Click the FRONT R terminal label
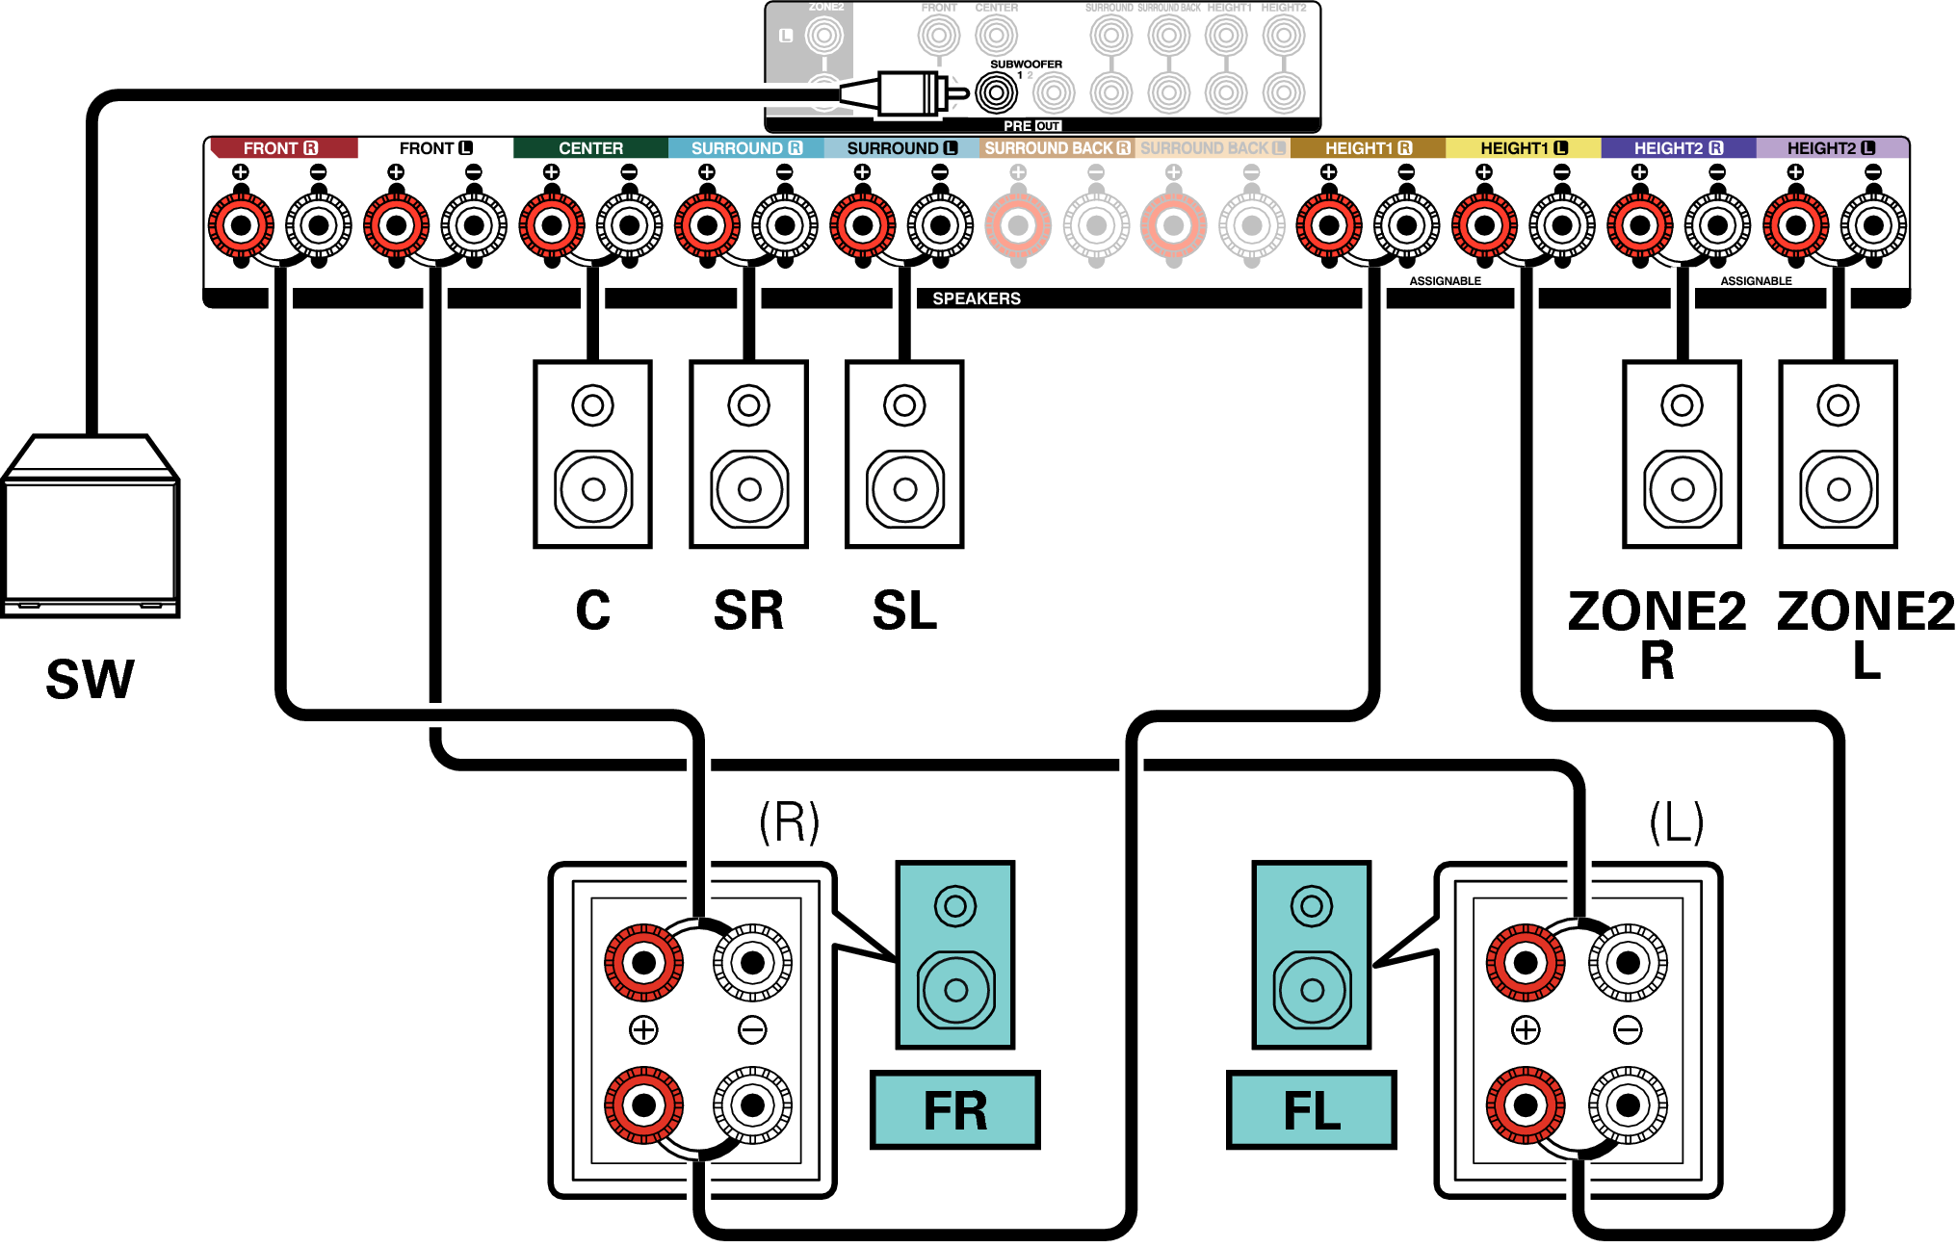click(x=280, y=148)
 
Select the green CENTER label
click(x=590, y=148)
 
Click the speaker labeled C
click(x=592, y=455)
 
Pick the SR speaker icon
click(x=748, y=455)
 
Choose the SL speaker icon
click(x=904, y=455)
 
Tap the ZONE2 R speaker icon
click(x=1682, y=455)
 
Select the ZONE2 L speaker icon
click(x=1838, y=455)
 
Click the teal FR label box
click(x=954, y=1110)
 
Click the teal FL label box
click(x=1311, y=1110)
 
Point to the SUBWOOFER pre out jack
click(x=996, y=93)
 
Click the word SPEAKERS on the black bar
click(x=976, y=299)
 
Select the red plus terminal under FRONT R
click(x=241, y=226)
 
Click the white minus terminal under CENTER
click(x=630, y=226)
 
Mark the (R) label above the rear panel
click(x=789, y=822)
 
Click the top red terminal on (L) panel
click(x=1526, y=963)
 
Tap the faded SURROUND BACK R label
click(x=1057, y=148)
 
